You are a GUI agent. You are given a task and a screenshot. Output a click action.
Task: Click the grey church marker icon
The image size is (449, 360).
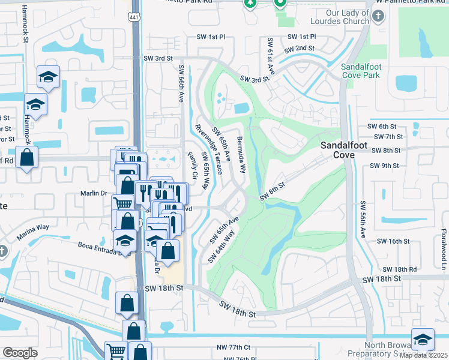point(378,17)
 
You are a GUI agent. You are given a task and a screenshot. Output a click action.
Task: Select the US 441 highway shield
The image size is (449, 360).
point(136,18)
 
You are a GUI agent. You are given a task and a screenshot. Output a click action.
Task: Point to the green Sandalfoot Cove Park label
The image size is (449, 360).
point(360,71)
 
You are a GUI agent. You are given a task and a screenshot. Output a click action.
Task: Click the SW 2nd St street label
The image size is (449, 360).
point(300,48)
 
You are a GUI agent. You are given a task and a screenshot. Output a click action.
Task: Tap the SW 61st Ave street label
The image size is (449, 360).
point(271,57)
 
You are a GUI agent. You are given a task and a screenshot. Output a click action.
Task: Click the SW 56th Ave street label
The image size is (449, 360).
point(363,220)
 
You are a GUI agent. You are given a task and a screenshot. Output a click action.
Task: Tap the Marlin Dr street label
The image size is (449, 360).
point(93,193)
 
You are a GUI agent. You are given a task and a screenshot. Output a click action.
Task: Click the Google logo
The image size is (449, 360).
point(20,353)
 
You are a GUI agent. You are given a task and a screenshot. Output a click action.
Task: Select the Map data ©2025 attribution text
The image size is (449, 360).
point(423,355)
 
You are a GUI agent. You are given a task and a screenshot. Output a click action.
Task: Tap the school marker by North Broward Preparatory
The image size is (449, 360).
point(423,339)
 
